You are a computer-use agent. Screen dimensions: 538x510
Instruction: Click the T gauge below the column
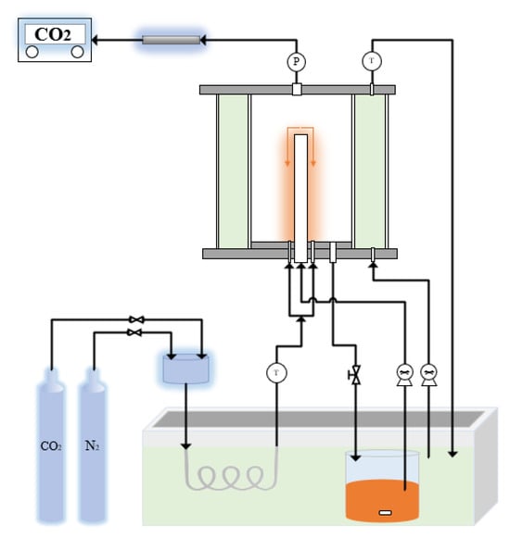[x=276, y=372]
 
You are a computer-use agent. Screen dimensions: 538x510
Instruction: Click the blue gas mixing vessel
[x=186, y=368]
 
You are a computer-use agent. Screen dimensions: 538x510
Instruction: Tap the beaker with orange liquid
[x=380, y=486]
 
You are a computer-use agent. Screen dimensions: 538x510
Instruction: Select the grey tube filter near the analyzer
[x=172, y=40]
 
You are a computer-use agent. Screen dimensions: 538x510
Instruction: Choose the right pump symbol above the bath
[x=428, y=374]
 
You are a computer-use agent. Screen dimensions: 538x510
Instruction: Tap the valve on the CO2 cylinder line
[x=136, y=319]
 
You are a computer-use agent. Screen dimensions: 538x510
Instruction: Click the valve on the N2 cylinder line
[x=136, y=332]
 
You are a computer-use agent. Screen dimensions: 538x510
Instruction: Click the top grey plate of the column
[x=297, y=90]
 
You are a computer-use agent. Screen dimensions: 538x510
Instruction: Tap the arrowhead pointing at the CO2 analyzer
[x=96, y=40]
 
